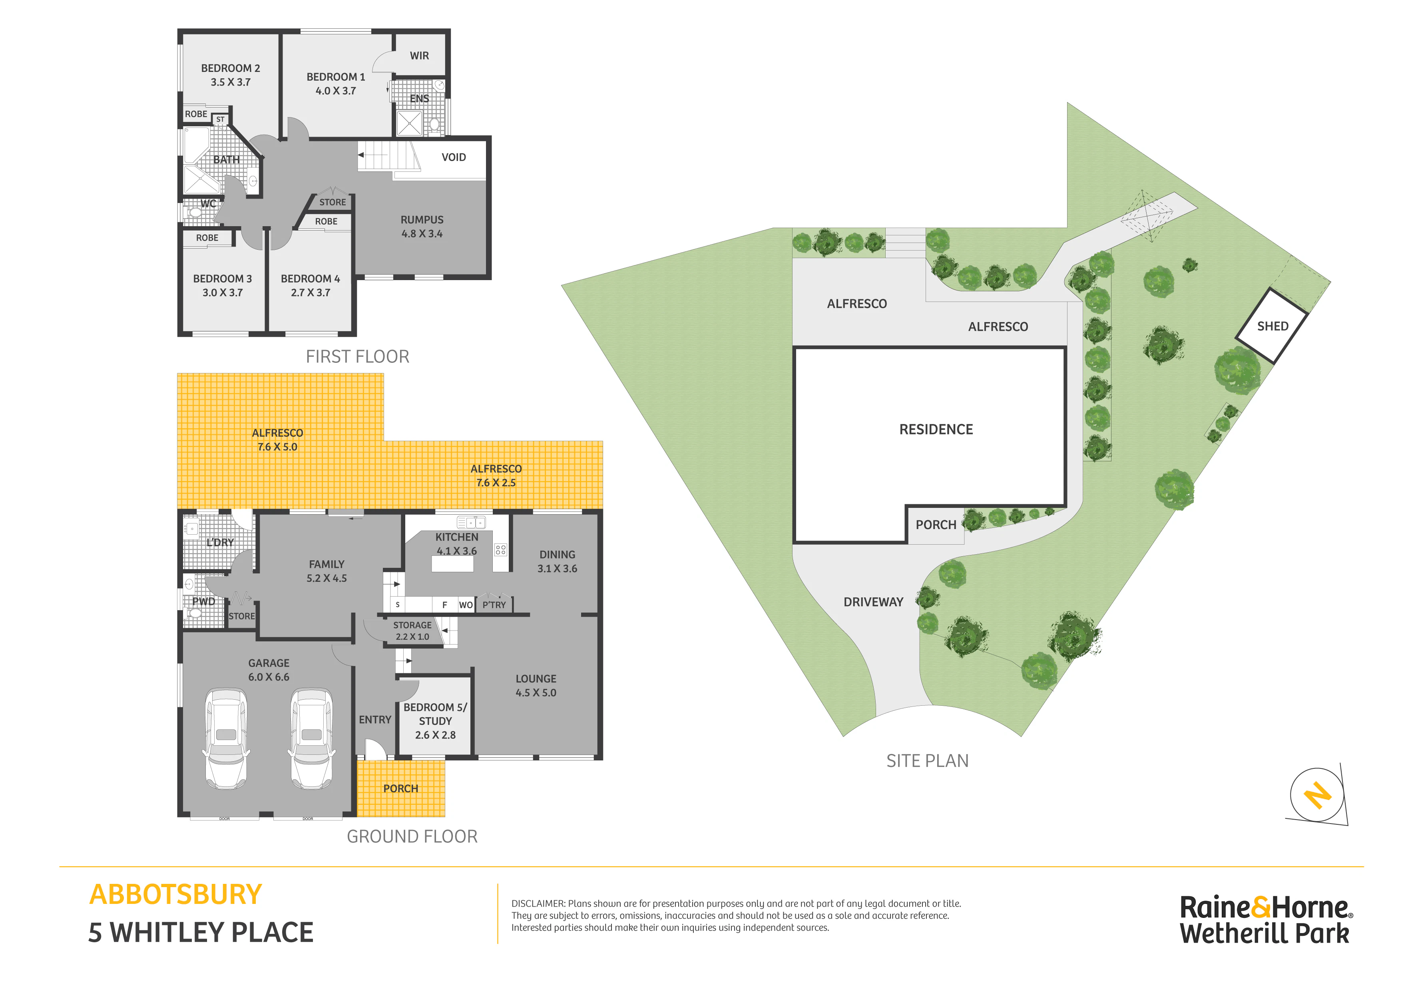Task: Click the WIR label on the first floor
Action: (420, 56)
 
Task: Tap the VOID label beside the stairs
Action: (454, 157)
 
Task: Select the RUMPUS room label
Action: (422, 220)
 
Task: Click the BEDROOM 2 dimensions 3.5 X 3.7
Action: (231, 82)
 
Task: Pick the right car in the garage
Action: (311, 739)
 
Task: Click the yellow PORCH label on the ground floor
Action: (400, 789)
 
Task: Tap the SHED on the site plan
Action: (1272, 326)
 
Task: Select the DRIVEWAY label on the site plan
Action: (873, 602)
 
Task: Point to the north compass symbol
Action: (1317, 796)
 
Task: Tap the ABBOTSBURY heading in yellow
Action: (176, 895)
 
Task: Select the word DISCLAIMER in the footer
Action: (538, 903)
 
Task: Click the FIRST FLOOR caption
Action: (357, 356)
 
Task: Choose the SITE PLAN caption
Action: (928, 761)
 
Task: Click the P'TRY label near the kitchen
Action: (494, 605)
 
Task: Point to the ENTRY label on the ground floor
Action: (375, 720)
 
